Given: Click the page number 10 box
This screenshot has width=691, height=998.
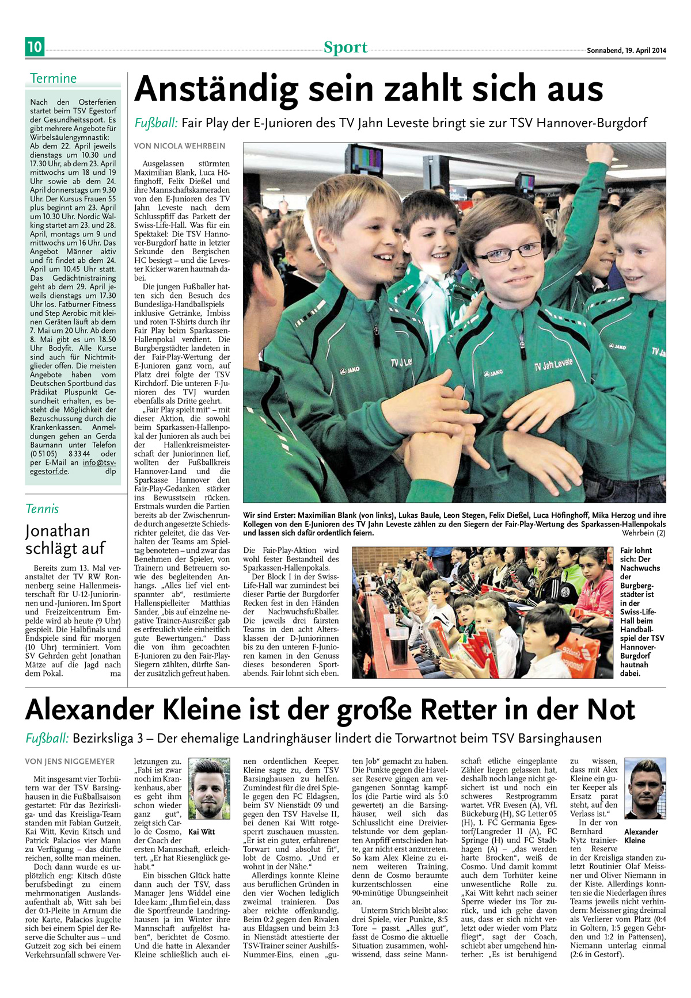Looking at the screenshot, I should [x=35, y=47].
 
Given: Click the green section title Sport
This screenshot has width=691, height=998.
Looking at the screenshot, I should [x=345, y=47].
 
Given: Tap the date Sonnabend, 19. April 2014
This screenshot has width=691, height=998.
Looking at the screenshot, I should [x=626, y=51].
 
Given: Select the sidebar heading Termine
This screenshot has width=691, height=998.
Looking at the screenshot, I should [x=53, y=78].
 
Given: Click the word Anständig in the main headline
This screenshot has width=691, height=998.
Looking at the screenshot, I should [x=217, y=90].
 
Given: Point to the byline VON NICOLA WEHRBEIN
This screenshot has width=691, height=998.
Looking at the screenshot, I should [x=180, y=146].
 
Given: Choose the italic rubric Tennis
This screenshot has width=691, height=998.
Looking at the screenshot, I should [x=42, y=508].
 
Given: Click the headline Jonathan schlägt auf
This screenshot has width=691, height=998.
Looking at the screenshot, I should [x=65, y=539].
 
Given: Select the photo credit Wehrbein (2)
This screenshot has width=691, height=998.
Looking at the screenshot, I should [x=644, y=533].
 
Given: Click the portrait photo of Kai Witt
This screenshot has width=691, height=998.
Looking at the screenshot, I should [x=209, y=789].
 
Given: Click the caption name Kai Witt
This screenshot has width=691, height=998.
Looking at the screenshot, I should [x=202, y=832].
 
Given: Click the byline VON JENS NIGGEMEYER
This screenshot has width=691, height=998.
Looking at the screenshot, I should [x=70, y=762].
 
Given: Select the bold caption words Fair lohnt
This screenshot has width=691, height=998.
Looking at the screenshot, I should [x=635, y=555].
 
